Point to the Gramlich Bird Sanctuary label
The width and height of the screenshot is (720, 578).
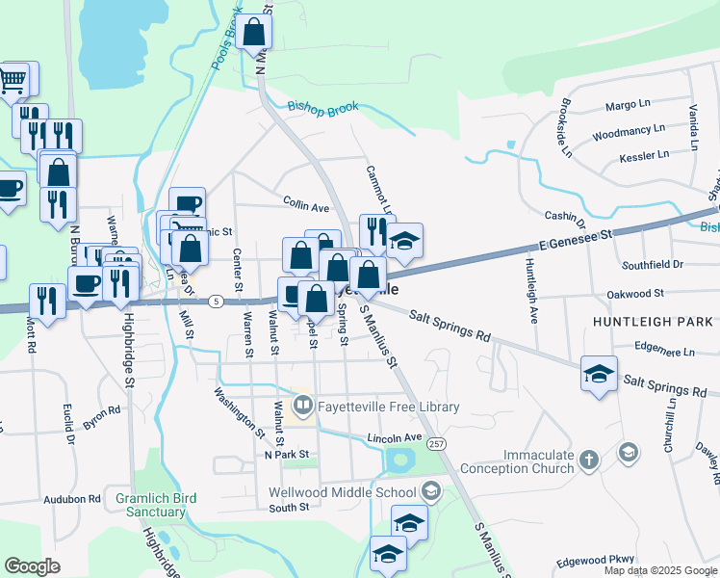pos(156,505)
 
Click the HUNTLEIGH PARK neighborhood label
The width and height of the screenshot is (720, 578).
pos(654,321)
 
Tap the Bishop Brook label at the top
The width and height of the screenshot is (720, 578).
pos(322,107)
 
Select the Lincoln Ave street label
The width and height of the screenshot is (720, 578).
pos(395,438)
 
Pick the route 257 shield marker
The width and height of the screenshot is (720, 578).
pos(438,444)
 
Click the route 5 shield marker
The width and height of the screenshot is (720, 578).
pos(217,301)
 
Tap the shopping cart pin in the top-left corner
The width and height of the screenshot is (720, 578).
pos(13,79)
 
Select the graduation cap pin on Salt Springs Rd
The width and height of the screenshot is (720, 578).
pos(599,374)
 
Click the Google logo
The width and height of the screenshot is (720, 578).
pos(33,566)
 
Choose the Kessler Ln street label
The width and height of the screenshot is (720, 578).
pos(644,156)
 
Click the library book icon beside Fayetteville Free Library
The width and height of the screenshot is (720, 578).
pos(302,407)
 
